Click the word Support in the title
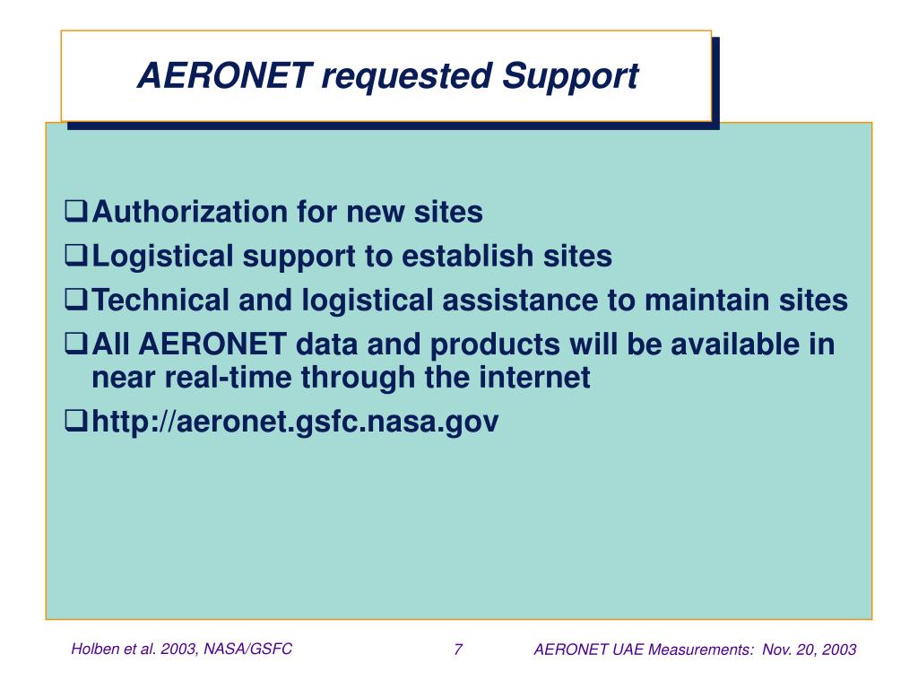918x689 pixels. click(x=570, y=76)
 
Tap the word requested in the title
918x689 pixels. click(x=407, y=76)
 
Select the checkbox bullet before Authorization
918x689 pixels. click(x=77, y=214)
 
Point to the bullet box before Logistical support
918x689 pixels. click(x=77, y=257)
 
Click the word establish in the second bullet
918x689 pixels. click(x=468, y=257)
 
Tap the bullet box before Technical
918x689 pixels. click(x=77, y=301)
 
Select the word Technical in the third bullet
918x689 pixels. click(x=161, y=301)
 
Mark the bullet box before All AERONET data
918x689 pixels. click(x=77, y=345)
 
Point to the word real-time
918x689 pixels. click(x=229, y=379)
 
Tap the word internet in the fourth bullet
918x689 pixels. click(x=538, y=379)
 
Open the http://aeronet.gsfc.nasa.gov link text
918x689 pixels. click(x=295, y=421)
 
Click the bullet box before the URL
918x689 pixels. click(x=77, y=422)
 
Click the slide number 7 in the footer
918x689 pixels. click(x=458, y=650)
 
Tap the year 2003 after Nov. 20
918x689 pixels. click(x=839, y=650)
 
